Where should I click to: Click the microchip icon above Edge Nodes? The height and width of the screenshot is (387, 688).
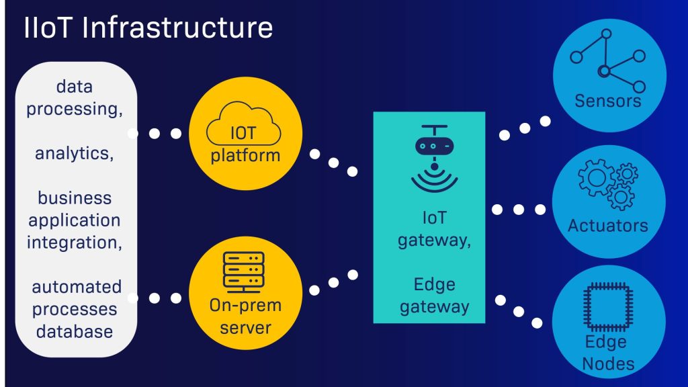pos(609,308)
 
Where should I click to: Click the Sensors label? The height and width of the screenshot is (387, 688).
pos(608,101)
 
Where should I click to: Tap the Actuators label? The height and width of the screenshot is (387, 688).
pos(608,225)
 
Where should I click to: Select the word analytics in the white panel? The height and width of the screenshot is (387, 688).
pos(74,153)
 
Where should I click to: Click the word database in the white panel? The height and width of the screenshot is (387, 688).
pos(75,331)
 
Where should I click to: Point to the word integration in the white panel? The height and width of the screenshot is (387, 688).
pos(75,242)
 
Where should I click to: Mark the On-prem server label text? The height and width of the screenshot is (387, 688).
pos(245,317)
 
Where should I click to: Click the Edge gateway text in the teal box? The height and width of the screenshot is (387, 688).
pos(433,296)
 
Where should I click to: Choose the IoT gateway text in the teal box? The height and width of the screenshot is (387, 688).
pos(433,228)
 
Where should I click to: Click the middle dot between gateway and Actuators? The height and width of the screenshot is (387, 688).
pos(519,210)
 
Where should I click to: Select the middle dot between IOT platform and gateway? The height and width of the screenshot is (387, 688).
pos(333,163)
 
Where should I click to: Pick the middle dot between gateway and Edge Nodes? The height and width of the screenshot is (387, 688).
pos(518,312)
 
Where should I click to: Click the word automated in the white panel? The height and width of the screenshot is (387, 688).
pos(77,287)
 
